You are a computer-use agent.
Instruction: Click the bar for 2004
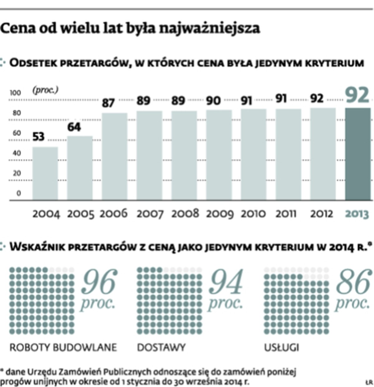[x=45, y=173]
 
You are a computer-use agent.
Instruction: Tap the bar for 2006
[x=115, y=156]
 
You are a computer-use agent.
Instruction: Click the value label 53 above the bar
[x=38, y=137]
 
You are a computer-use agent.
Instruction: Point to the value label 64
[x=74, y=127]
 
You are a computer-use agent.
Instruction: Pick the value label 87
[x=108, y=103]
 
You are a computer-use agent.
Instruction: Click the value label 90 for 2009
[x=213, y=101]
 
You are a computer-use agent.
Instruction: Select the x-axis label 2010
[x=253, y=214]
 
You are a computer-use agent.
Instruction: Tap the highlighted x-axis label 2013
[x=357, y=214]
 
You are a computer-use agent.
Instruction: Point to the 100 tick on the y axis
[x=15, y=93]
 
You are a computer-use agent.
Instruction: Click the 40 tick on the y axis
[x=17, y=153]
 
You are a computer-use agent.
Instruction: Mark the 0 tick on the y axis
[x=19, y=193]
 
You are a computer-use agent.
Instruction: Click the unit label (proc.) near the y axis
[x=45, y=90]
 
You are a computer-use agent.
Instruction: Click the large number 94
[x=226, y=282]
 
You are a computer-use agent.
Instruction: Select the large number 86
[x=353, y=282]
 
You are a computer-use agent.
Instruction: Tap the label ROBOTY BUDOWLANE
[x=63, y=347]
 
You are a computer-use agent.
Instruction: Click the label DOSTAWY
[x=161, y=347]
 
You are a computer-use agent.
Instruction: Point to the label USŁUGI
[x=281, y=347]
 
